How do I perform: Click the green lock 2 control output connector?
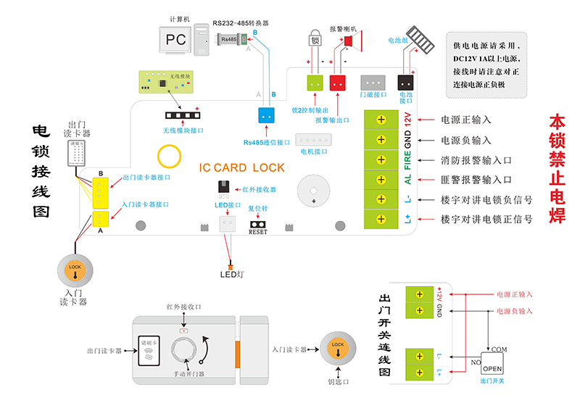point(315,83)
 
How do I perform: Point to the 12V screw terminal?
point(381,120)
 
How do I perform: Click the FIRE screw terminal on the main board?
point(381,159)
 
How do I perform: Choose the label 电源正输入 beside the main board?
point(466,120)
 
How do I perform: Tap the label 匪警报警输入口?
point(476,179)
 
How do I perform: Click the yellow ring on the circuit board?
point(170,157)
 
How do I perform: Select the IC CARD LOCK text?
point(242,167)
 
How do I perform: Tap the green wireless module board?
point(166,82)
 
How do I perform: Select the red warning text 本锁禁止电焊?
point(557,168)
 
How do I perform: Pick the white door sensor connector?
point(372,82)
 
